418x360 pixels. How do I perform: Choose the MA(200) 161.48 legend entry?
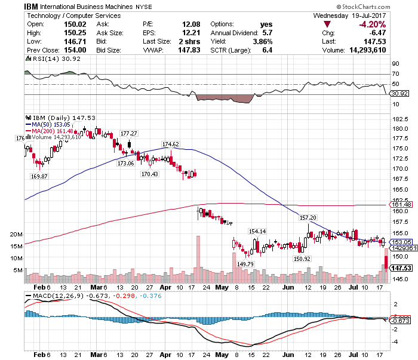(x=53, y=131)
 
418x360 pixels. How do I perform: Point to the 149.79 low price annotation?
(x=245, y=263)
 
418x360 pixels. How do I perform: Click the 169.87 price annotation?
(x=39, y=176)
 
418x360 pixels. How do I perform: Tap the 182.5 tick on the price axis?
(x=399, y=119)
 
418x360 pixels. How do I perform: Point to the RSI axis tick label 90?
(x=395, y=63)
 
